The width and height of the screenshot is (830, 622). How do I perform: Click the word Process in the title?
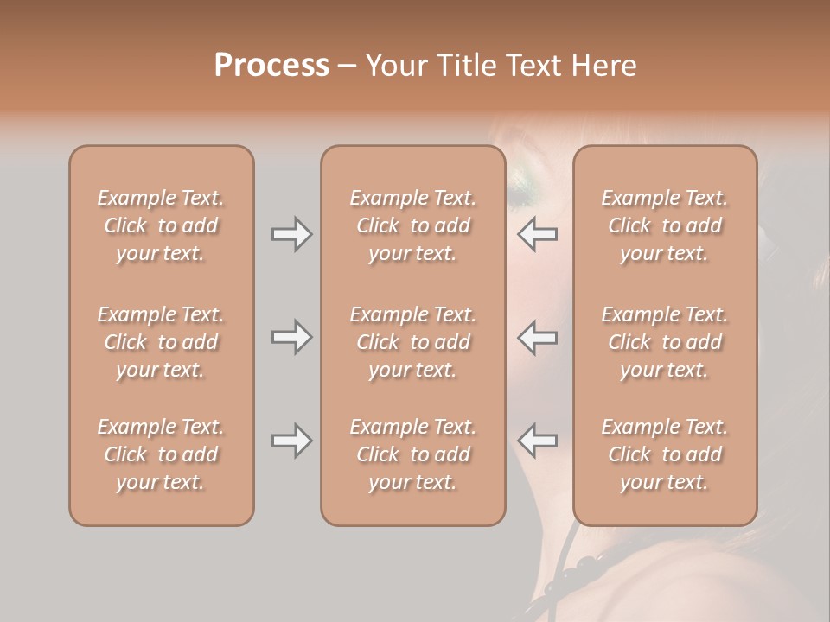pos(271,66)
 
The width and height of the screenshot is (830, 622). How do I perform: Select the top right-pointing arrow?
pos(291,234)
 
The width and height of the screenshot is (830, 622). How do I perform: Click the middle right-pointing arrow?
pos(291,337)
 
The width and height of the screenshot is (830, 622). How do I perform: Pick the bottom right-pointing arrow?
pos(291,441)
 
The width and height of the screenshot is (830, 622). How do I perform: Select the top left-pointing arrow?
pos(538,234)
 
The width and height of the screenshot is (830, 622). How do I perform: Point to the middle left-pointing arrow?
pos(538,337)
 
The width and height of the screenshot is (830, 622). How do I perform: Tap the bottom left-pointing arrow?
pos(538,441)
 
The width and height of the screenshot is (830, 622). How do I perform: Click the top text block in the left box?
pos(161,225)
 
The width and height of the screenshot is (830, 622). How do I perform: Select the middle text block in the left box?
pos(161,342)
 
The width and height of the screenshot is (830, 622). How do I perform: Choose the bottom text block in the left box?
pos(161,454)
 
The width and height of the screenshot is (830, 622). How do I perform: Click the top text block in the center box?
pos(412,225)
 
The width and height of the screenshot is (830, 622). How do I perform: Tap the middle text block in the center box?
pos(412,342)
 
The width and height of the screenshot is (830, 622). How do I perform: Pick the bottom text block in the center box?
pos(412,454)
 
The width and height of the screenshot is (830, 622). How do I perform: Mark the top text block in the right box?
pos(665,225)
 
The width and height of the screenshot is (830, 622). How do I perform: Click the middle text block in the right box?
pos(665,342)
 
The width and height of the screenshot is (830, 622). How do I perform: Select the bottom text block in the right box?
pos(665,454)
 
